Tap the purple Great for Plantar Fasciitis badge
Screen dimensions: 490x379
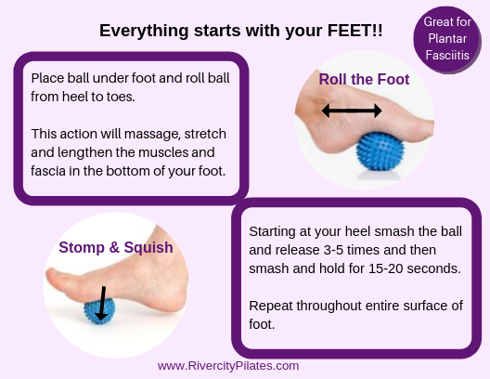tap(447, 39)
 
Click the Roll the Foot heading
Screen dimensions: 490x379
tap(364, 79)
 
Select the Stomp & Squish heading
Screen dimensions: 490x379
tap(116, 247)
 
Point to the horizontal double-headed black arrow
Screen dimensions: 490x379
tap(352, 111)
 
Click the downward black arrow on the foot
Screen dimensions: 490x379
tap(102, 303)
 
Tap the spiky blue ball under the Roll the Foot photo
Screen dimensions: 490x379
tap(380, 151)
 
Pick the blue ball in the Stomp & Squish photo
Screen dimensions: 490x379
tap(99, 311)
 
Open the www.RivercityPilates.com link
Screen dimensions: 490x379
tap(228, 366)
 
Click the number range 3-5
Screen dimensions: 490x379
tap(334, 250)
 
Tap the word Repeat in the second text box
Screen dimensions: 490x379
tap(271, 307)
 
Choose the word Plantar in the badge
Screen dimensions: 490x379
tap(447, 38)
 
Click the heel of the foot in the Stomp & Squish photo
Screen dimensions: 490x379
tap(175, 300)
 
